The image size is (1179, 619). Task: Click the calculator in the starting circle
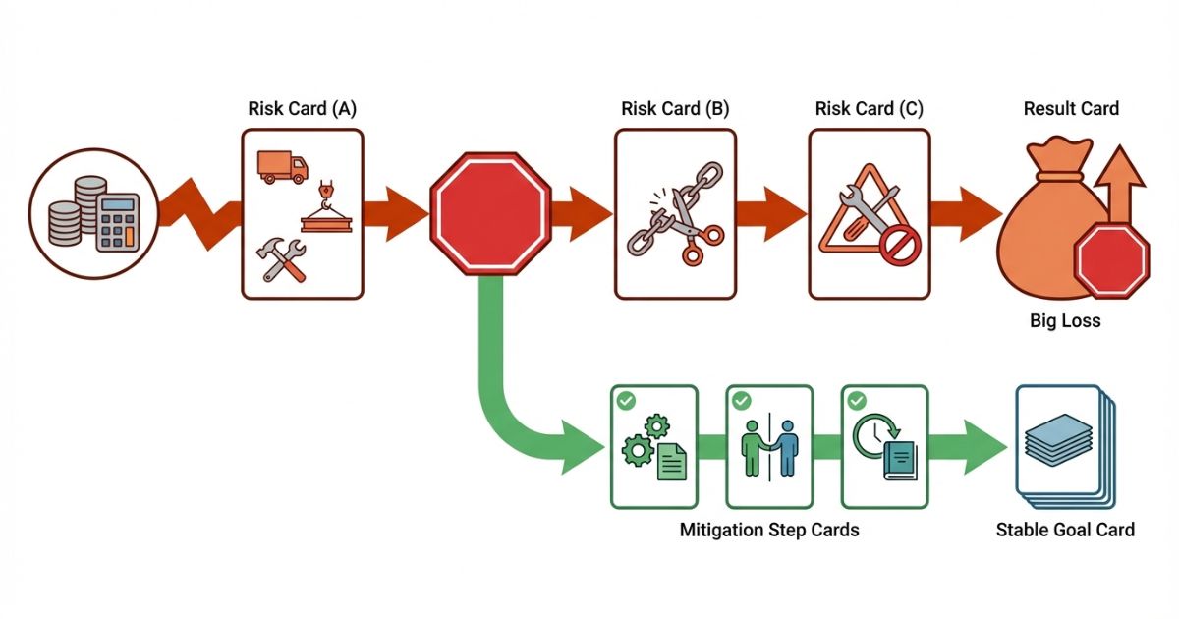(116, 220)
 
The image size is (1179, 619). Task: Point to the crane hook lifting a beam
(327, 208)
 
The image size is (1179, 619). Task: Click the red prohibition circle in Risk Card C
(896, 247)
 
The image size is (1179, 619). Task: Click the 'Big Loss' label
(1065, 320)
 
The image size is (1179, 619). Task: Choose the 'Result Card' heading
(1071, 109)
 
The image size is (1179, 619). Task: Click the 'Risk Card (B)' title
(675, 109)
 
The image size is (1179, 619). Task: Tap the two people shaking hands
(770, 447)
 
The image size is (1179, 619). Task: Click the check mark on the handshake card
(741, 401)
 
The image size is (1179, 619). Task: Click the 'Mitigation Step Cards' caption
(769, 530)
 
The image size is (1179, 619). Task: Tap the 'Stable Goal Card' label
(1065, 530)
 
